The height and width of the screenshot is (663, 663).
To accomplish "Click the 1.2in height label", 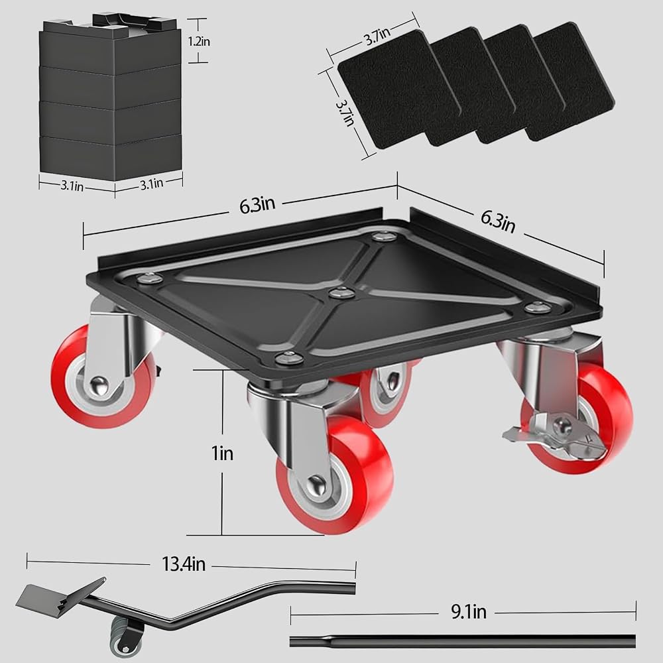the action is click(199, 41).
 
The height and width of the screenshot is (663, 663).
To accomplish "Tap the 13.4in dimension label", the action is click(184, 564).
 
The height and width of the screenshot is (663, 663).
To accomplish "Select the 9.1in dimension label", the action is click(469, 612).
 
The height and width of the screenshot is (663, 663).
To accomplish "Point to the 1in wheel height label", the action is click(222, 453).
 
